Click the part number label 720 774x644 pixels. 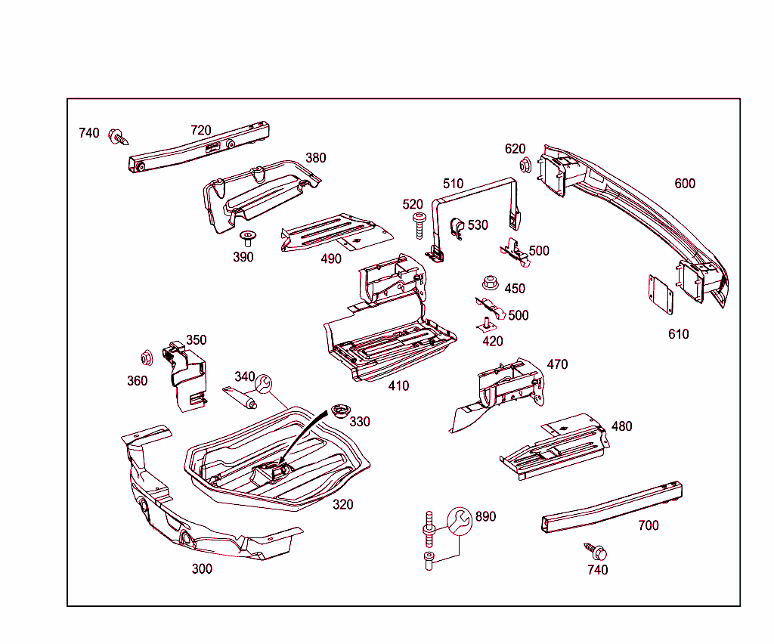pyautogui.click(x=200, y=130)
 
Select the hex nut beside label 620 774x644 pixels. pyautogui.click(x=523, y=165)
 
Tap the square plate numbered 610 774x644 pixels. pyautogui.click(x=661, y=293)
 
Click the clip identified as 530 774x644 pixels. pyautogui.click(x=457, y=227)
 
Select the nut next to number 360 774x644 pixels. pyautogui.click(x=147, y=358)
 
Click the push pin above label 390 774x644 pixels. pyautogui.click(x=247, y=239)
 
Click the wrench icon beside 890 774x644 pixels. pyautogui.click(x=458, y=519)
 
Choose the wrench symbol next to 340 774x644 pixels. pyautogui.click(x=264, y=385)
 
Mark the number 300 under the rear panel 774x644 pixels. pyautogui.click(x=202, y=568)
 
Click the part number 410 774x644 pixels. pyautogui.click(x=398, y=385)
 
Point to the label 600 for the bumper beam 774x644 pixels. pyautogui.click(x=685, y=183)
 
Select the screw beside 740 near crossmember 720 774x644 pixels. pyautogui.click(x=118, y=137)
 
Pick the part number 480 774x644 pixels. pyautogui.click(x=621, y=426)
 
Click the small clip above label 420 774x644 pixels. pyautogui.click(x=487, y=324)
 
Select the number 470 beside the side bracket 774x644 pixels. pyautogui.click(x=557, y=364)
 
